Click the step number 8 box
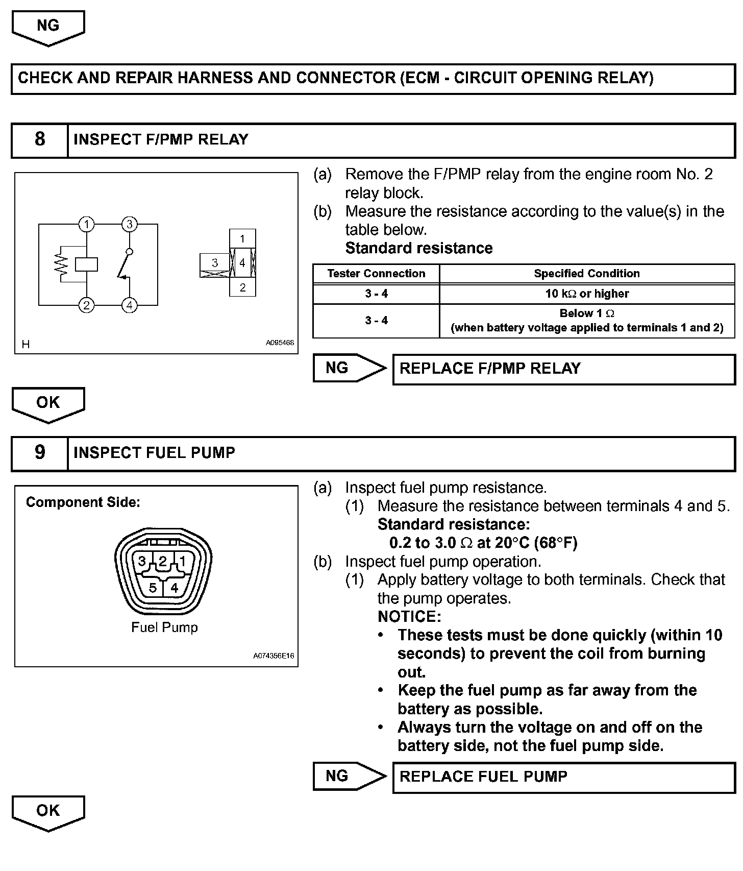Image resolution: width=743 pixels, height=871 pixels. tap(40, 140)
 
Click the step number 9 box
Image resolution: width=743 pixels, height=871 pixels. tap(40, 453)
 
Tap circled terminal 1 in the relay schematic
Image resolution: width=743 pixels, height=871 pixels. tap(87, 224)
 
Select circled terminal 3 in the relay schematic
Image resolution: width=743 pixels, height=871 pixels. tap(130, 224)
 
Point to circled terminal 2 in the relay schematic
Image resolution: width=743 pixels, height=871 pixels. tap(87, 305)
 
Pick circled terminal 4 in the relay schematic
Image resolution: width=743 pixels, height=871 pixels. tap(130, 305)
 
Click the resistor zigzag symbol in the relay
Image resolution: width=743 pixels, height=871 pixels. tap(62, 264)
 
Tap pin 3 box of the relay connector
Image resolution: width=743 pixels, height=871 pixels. tap(215, 263)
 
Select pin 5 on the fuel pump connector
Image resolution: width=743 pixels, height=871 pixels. tap(153, 588)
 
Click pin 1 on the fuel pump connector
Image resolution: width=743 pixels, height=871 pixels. tap(183, 562)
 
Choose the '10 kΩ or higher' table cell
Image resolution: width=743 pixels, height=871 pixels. tap(587, 294)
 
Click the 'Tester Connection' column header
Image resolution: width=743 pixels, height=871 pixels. tap(376, 273)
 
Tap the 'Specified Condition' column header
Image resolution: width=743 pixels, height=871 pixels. tap(587, 273)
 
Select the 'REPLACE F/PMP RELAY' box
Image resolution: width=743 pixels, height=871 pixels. tap(563, 369)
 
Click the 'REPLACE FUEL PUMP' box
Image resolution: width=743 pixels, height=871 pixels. tap(563, 777)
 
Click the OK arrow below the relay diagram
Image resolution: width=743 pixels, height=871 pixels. tap(48, 404)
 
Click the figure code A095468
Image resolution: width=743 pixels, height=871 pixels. tap(280, 343)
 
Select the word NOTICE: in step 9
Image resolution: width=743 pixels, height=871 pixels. tap(409, 617)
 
